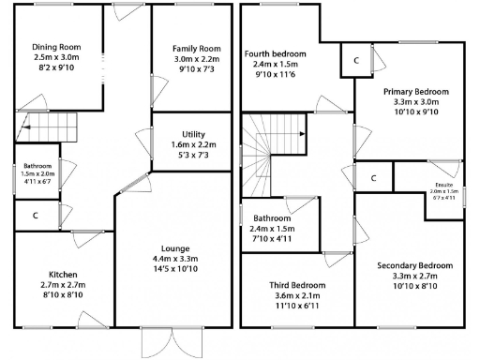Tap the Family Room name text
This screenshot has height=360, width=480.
(x=196, y=49)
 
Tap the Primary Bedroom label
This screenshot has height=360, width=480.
(x=415, y=91)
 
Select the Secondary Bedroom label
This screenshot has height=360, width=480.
(x=415, y=266)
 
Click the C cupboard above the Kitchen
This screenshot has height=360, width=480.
(x=35, y=216)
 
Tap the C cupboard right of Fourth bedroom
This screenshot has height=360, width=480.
(x=357, y=61)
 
